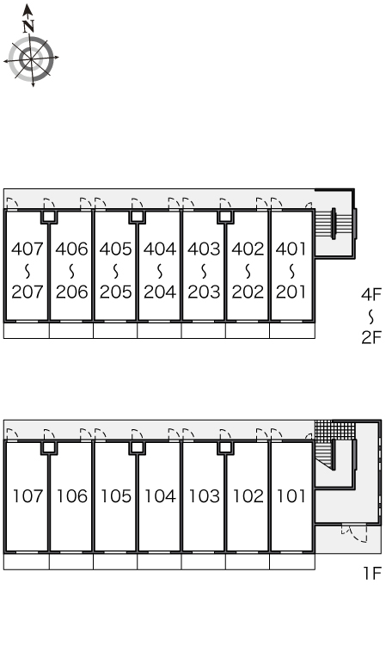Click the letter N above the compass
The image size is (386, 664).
coord(28,27)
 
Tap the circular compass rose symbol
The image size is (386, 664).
coord(31,57)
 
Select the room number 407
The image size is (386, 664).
coord(28,249)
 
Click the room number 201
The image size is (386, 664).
coord(291,292)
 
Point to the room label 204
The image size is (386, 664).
coord(160,292)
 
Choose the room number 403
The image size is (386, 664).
coord(204,249)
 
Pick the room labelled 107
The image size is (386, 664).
coord(28,496)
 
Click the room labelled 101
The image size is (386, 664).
coord(291,496)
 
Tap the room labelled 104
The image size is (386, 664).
coord(160,496)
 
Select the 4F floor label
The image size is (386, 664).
coord(371,294)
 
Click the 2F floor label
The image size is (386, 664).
coord(371,337)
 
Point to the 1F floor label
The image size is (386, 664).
coord(372,574)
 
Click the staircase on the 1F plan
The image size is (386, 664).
coord(325,454)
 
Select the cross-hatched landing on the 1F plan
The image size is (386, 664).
coord(334,430)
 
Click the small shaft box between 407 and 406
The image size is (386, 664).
coord(49,217)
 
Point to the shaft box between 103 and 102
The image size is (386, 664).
coord(225,448)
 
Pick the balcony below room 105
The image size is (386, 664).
coord(115,562)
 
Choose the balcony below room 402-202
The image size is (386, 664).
coord(248,330)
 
